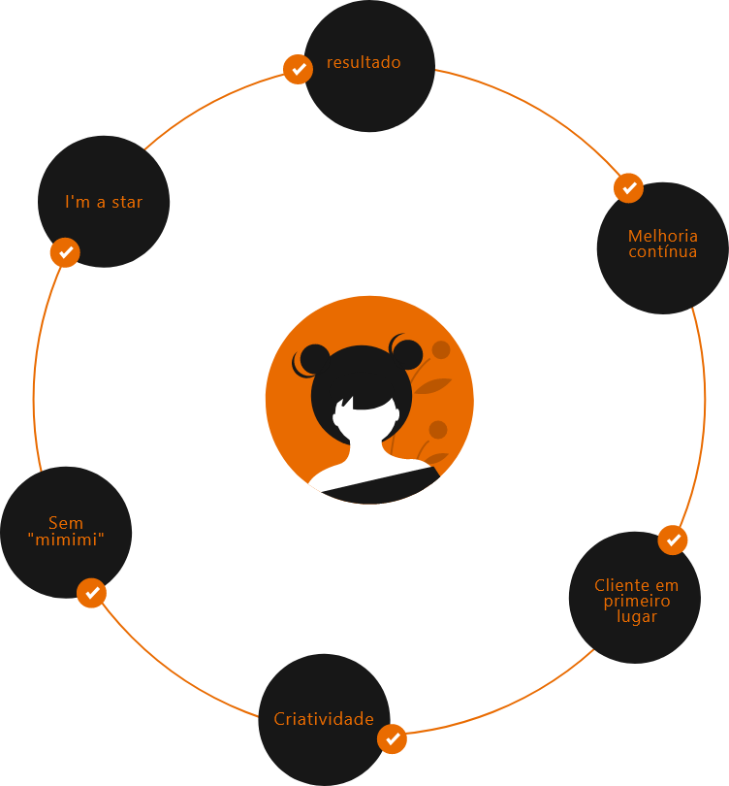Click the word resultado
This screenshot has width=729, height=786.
click(x=364, y=63)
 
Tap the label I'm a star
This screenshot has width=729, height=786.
click(x=104, y=203)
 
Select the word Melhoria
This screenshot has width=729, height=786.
click(x=662, y=236)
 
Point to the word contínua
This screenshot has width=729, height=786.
click(x=662, y=252)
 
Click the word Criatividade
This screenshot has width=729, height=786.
click(x=324, y=720)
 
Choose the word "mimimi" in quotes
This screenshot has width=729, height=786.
click(x=66, y=540)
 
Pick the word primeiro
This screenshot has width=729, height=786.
click(x=636, y=601)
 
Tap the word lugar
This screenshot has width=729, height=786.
click(x=636, y=617)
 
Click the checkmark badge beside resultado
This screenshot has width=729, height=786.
click(x=299, y=70)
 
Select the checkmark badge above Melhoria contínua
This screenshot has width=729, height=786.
click(x=629, y=187)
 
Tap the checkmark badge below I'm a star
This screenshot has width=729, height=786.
click(x=65, y=252)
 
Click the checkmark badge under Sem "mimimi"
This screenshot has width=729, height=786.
click(x=91, y=593)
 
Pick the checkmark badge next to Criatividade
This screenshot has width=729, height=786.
click(x=393, y=739)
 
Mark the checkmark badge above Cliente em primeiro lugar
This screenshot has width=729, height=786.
click(x=673, y=540)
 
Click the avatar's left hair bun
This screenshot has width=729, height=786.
click(x=315, y=359)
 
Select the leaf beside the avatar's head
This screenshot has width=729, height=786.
click(x=432, y=385)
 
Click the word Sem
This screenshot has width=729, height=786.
click(x=66, y=523)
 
